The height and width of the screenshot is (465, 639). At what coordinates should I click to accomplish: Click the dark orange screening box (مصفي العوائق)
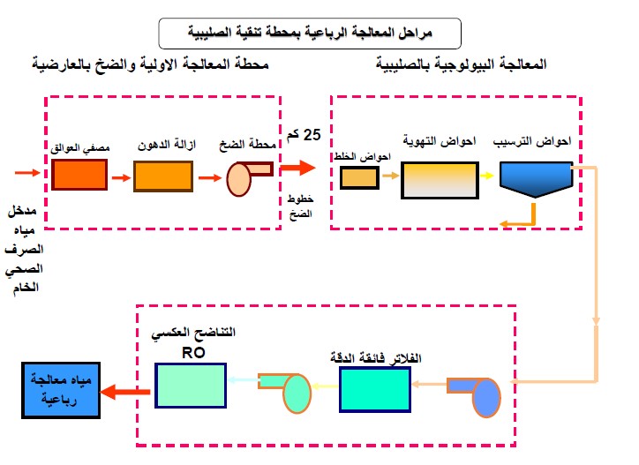79,175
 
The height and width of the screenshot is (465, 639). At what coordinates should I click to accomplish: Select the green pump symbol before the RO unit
287,389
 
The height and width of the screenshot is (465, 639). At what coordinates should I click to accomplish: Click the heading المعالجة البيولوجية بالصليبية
461,65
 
